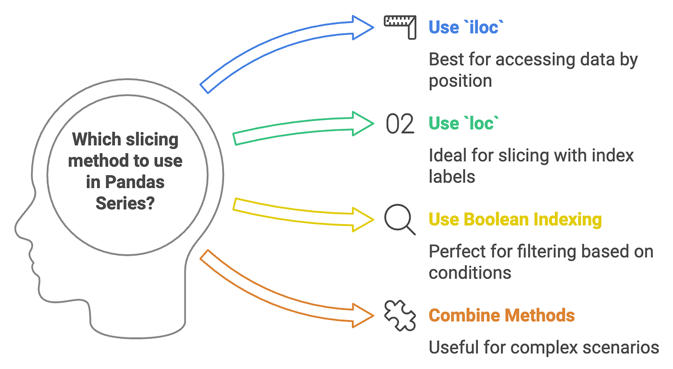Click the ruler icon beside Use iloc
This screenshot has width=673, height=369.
(400, 27)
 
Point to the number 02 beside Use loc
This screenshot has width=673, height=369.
(400, 124)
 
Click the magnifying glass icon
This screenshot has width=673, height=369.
(400, 220)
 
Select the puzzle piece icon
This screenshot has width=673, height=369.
(400, 315)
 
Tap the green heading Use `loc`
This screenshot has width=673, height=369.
(464, 124)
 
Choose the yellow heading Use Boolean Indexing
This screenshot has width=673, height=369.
(515, 220)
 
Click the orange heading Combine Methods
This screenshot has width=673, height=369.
(501, 316)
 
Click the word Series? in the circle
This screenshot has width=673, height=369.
(125, 203)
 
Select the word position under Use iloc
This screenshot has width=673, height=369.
(460, 81)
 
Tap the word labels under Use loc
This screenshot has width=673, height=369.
(452, 177)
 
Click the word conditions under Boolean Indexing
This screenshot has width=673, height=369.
(470, 273)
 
